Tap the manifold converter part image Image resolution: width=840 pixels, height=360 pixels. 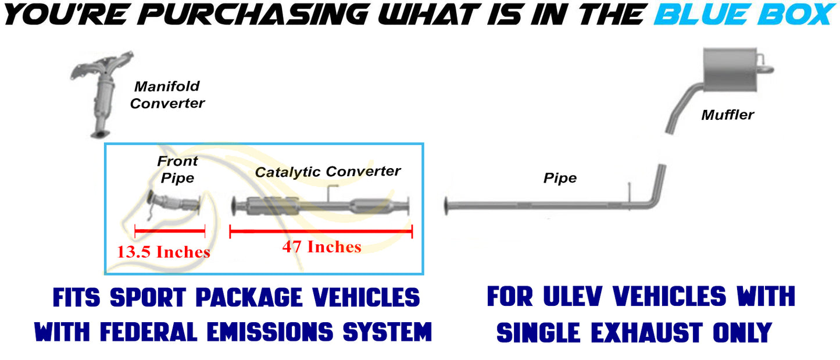(101, 94)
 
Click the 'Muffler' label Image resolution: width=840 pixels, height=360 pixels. (727, 115)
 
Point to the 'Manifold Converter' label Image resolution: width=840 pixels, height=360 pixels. (167, 95)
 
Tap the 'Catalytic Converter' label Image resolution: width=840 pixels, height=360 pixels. (327, 172)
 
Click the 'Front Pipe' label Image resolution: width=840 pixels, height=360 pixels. (177, 169)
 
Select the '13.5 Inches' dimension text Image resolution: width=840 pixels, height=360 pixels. (163, 252)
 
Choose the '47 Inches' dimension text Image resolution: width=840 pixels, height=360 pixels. (321, 247)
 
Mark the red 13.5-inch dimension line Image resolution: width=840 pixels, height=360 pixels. (170, 230)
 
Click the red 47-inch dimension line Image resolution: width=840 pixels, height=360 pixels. (321, 231)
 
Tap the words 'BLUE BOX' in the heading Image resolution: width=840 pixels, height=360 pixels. (745, 15)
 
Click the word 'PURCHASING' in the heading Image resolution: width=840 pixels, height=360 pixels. (253, 15)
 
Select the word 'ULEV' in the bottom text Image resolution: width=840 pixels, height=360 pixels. (573, 297)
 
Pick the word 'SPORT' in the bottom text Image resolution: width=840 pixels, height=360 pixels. (148, 298)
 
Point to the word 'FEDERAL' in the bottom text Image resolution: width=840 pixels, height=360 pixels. (148, 332)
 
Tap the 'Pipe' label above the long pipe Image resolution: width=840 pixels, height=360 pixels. (560, 178)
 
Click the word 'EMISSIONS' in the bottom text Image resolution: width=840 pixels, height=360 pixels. (270, 332)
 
